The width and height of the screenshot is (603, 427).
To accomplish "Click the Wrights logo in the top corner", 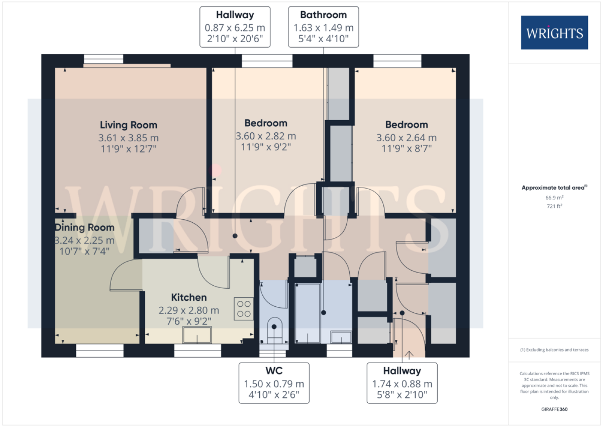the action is [x=554, y=33].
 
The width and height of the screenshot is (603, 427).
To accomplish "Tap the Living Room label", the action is [x=128, y=125].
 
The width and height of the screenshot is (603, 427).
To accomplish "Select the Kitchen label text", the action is [x=189, y=297].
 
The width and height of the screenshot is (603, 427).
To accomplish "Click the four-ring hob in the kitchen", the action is [x=244, y=309].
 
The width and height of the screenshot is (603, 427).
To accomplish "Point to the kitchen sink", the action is [x=197, y=335].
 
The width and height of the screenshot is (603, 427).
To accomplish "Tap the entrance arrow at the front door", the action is [x=409, y=355].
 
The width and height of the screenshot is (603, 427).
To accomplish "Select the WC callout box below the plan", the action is [x=274, y=383].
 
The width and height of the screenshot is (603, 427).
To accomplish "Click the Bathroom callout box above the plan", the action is [x=323, y=27].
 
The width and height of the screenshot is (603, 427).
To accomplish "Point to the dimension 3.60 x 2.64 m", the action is [x=406, y=137].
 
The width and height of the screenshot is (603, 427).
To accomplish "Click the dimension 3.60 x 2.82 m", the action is [x=266, y=136].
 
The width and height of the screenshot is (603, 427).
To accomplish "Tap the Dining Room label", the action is [x=85, y=228].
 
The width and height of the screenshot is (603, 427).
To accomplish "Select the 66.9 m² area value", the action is [x=554, y=197].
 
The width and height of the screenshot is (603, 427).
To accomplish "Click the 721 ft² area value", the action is [x=554, y=206].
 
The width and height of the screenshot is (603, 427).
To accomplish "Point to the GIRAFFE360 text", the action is [x=554, y=409].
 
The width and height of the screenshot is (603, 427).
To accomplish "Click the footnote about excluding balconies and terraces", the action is [x=554, y=350].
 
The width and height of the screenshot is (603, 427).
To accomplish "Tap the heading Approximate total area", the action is [x=554, y=187].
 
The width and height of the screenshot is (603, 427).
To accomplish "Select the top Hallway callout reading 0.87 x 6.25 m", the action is [x=235, y=27].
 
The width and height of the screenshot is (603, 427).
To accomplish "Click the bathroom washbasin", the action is [x=341, y=337].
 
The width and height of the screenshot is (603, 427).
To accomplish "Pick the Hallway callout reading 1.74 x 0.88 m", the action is [x=402, y=383].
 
